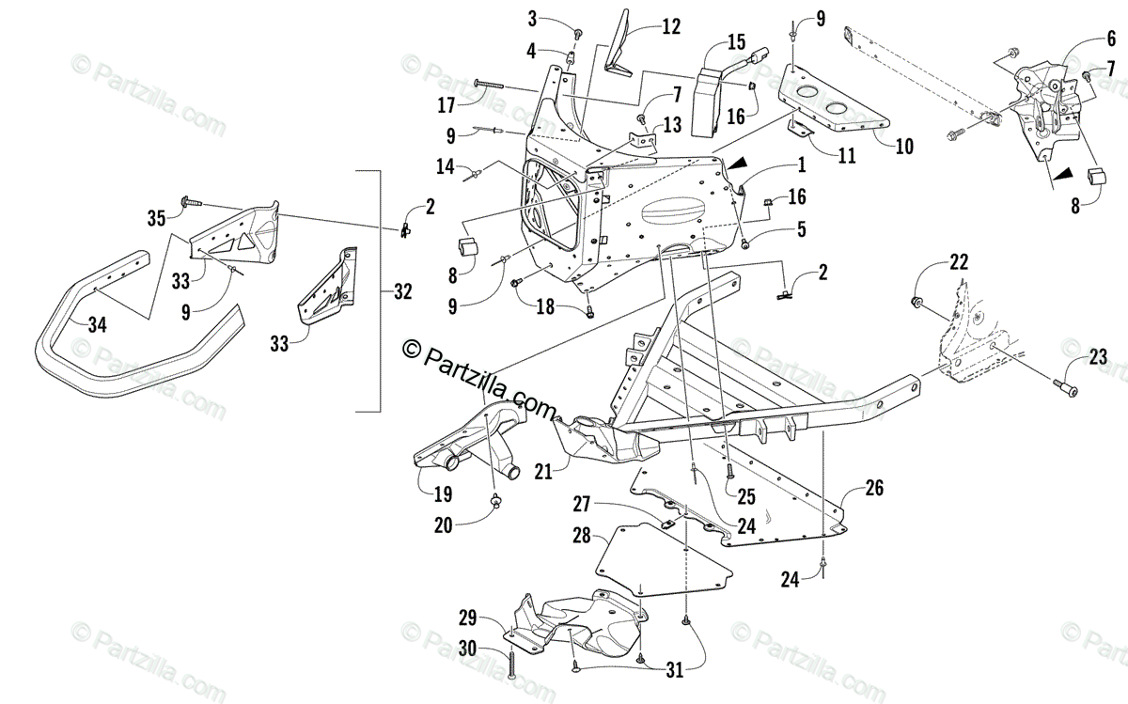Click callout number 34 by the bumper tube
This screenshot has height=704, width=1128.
coord(98,324)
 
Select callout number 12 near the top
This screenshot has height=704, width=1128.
coord(670,27)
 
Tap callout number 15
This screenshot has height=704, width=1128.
coord(735,43)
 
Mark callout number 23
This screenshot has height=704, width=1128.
coord(1098,357)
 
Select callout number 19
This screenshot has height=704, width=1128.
coord(444,492)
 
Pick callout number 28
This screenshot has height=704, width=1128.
coord(582,536)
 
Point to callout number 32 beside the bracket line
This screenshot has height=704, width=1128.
coord(402,291)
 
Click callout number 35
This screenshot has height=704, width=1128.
coord(156,218)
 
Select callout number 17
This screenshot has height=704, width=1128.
coord(446,102)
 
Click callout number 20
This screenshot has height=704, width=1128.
coord(444,526)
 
